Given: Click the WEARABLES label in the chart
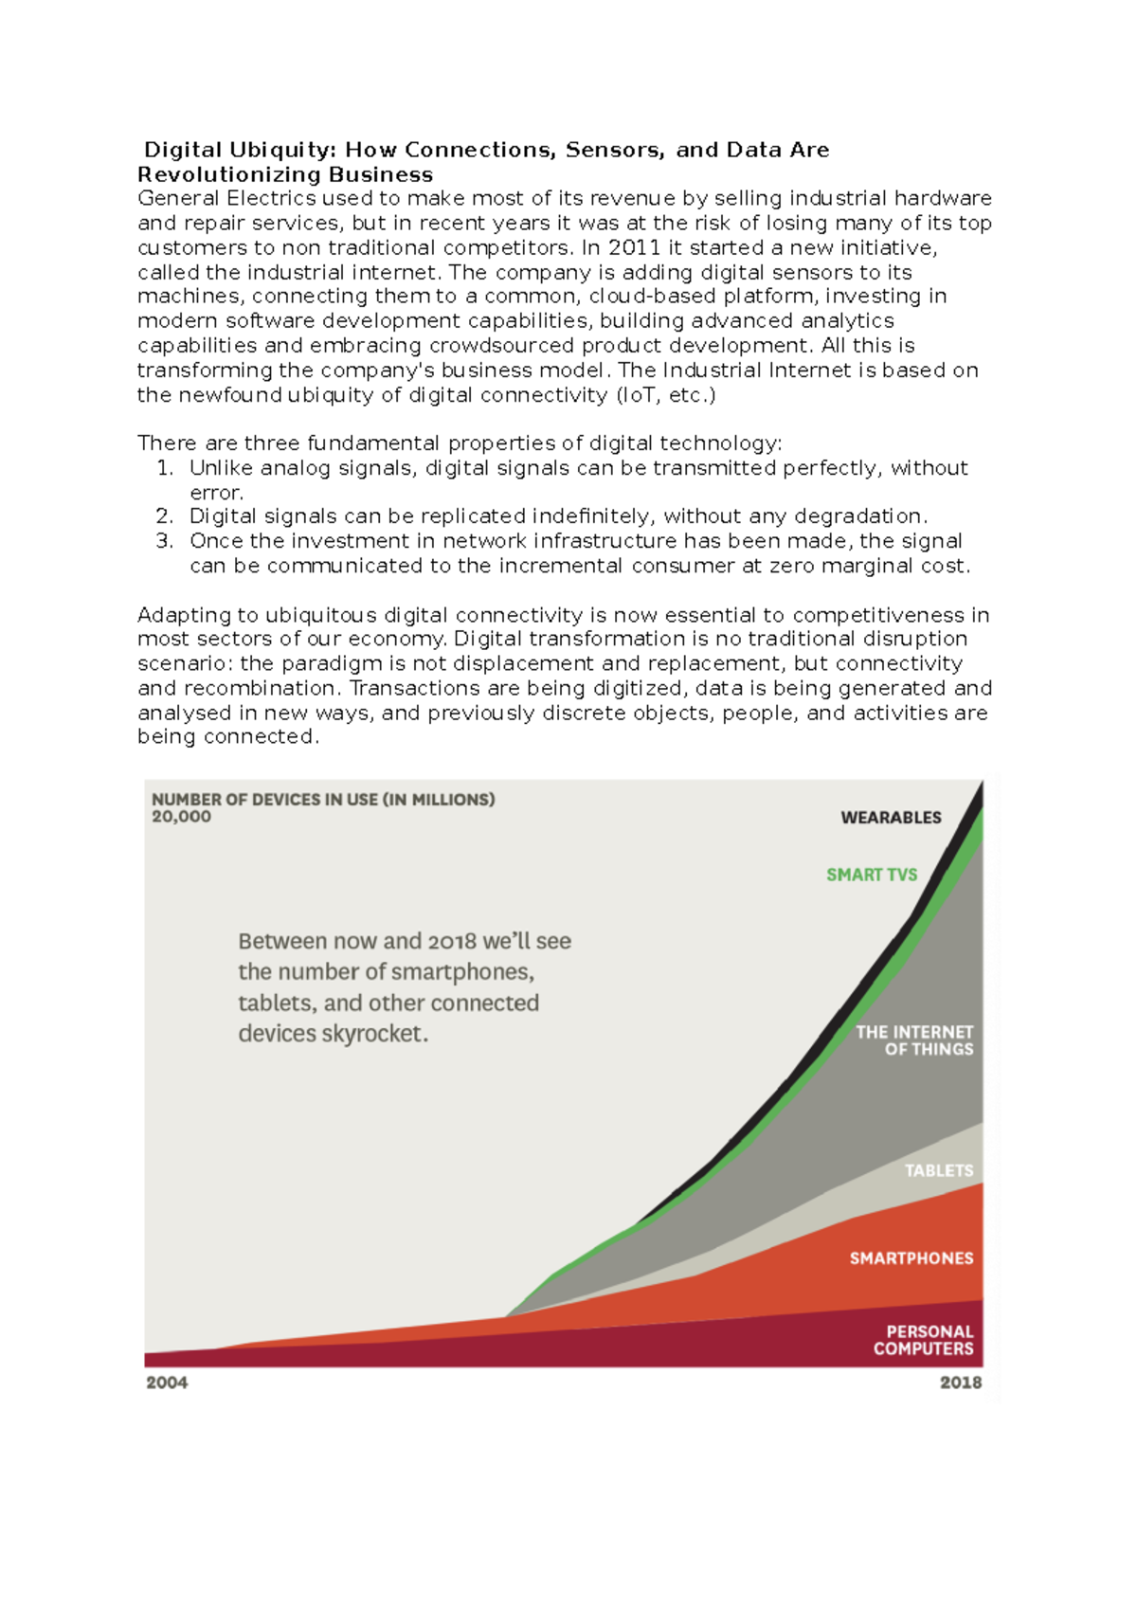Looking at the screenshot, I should [x=891, y=818].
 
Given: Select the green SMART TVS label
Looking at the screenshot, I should [x=872, y=875].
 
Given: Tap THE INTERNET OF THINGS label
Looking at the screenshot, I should [x=915, y=1040].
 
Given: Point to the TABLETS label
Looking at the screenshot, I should [x=938, y=1170].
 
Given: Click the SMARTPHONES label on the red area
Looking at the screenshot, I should [x=911, y=1258].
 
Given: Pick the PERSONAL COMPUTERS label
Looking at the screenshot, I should [x=924, y=1340].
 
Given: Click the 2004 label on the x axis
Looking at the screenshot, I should [x=167, y=1383].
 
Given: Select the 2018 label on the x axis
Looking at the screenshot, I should [x=960, y=1383].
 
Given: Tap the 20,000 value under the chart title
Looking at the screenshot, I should [x=181, y=817].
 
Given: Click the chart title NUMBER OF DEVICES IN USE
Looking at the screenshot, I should [x=323, y=799].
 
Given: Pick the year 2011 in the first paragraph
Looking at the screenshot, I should [x=634, y=247].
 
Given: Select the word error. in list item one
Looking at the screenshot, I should [x=217, y=493].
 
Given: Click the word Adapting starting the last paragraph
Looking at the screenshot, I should [x=184, y=615].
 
